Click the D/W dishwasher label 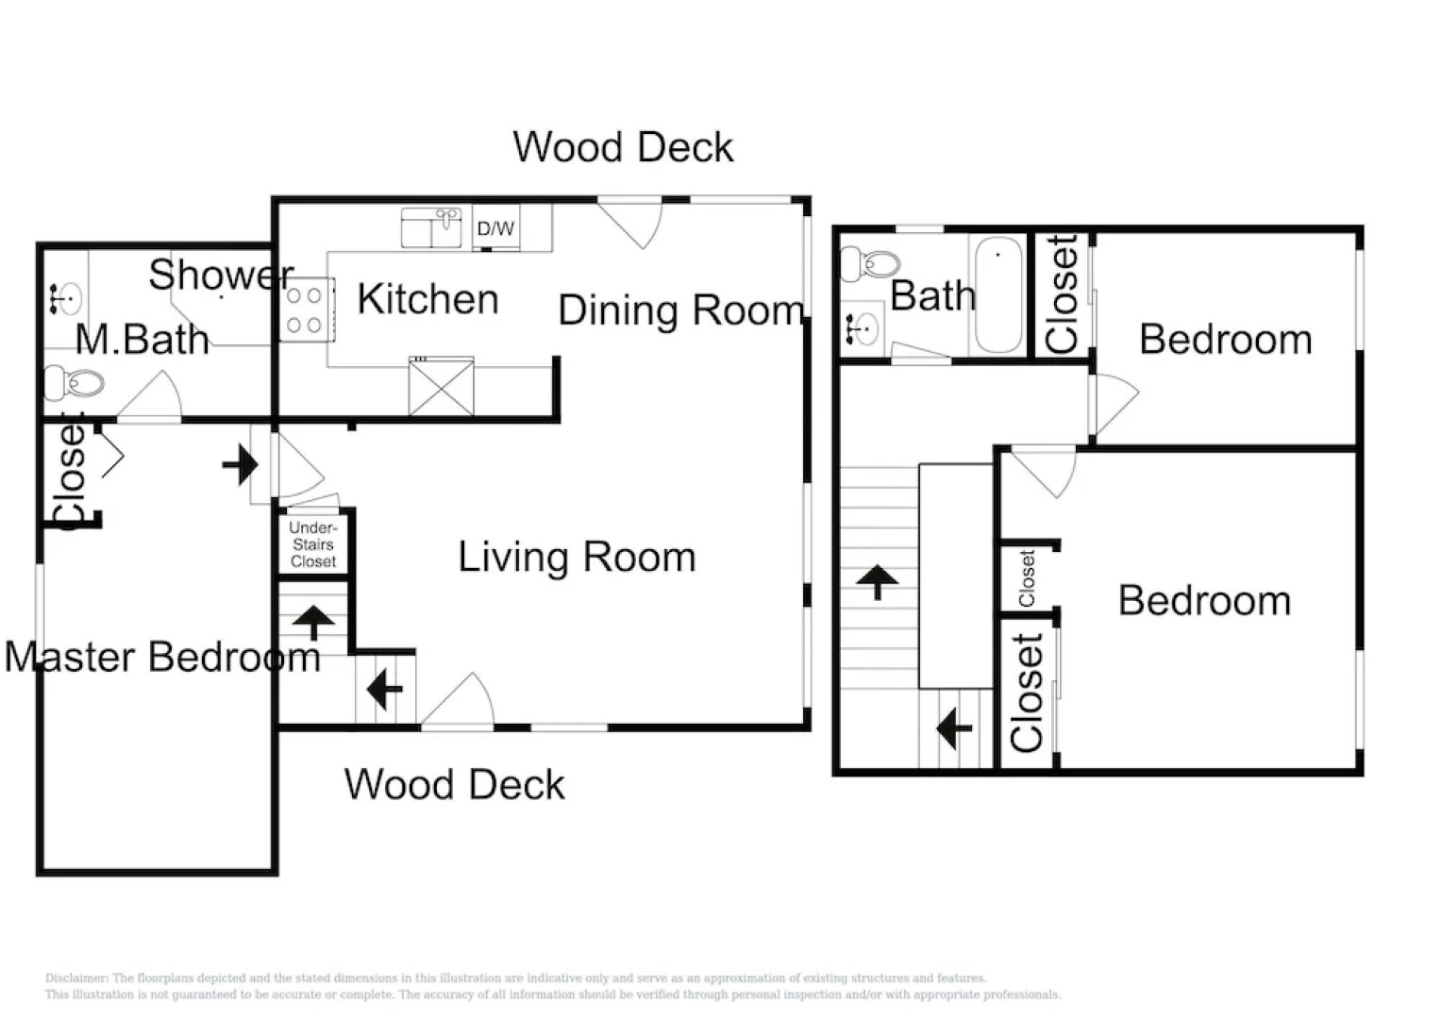pos(495,228)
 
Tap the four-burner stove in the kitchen pos(306,309)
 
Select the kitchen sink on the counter pos(432,227)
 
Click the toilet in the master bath pos(75,383)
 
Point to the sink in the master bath pos(64,299)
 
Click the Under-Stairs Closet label pos(313,544)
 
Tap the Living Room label pos(577,557)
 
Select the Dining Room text pos(680,310)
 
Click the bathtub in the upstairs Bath pos(998,294)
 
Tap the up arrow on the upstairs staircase pos(879,582)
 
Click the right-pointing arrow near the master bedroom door pos(241,464)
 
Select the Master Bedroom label pos(162,657)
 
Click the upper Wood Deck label pos(623,147)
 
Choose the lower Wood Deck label pos(454,784)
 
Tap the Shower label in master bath pos(221,275)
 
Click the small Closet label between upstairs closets pos(1027,577)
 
